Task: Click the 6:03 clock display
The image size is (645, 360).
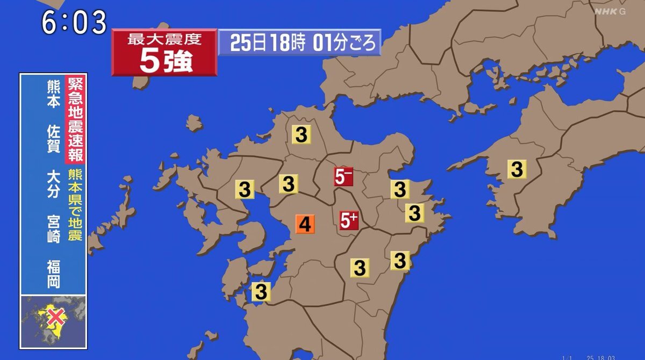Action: click(74, 22)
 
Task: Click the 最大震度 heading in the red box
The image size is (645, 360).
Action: click(164, 40)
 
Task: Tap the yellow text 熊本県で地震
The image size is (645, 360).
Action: click(74, 204)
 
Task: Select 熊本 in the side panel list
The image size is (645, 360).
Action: click(53, 94)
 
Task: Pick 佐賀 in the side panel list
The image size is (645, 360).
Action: click(53, 139)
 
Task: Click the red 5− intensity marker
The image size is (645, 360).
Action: click(343, 176)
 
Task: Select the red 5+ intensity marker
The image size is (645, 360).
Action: click(349, 220)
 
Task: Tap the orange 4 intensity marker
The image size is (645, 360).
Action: click(305, 224)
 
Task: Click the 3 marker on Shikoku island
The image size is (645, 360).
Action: click(517, 169)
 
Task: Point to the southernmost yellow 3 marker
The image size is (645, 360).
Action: click(261, 292)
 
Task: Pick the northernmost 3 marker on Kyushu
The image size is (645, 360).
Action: click(301, 134)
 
